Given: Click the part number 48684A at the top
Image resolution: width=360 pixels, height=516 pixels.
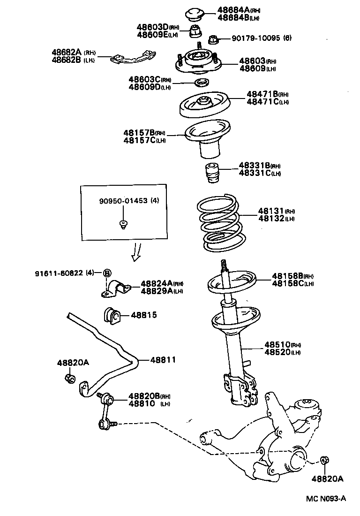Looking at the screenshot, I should pos(233,10).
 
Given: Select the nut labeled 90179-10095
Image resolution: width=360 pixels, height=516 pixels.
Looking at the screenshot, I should pos(212,39).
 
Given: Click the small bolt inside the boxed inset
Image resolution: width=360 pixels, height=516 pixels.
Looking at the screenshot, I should pos(123,224).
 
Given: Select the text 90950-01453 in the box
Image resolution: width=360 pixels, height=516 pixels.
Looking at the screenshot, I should pos(123,201).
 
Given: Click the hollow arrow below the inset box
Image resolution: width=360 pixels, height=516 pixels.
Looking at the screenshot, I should pos(136,251).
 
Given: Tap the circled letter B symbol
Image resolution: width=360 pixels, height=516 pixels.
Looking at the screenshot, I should pos(107,273).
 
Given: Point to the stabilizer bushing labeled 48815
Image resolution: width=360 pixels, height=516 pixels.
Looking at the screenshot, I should pos(112,315).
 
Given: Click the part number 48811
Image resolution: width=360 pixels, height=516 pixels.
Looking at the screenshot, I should pos(163,360).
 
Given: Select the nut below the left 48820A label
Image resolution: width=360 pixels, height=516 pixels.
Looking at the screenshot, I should pos(69,378).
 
